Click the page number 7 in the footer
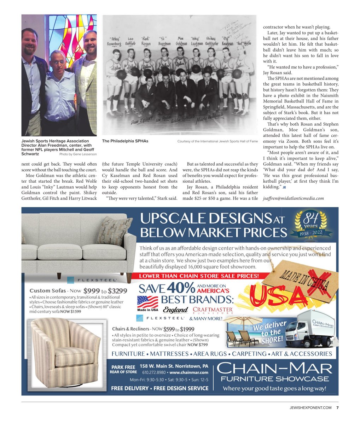click(337, 408)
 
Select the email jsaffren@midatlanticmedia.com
click(294, 198)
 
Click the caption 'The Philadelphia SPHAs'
click(125, 141)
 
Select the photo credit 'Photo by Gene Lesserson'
click(78, 154)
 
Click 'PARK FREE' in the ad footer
click(123, 367)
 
